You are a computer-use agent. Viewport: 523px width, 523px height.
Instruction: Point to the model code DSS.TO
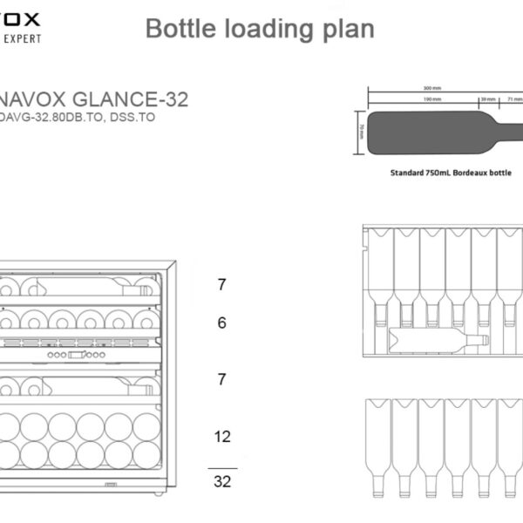pos(133,118)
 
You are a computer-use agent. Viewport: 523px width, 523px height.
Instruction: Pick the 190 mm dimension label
pos(407,99)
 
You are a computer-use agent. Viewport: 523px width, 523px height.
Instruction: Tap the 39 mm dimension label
pos(488,99)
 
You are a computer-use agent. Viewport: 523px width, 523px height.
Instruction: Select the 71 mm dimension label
pos(514,99)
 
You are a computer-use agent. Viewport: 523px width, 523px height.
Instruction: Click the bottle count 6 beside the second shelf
pos(222,323)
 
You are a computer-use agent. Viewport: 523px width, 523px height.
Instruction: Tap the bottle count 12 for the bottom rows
pos(222,436)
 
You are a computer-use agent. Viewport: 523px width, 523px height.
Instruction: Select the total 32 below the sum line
pos(222,481)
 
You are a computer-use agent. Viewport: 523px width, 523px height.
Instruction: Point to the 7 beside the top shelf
pos(222,284)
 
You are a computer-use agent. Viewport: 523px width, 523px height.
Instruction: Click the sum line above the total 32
pos(222,467)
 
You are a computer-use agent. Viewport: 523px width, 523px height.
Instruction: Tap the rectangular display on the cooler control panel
pos(77,355)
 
